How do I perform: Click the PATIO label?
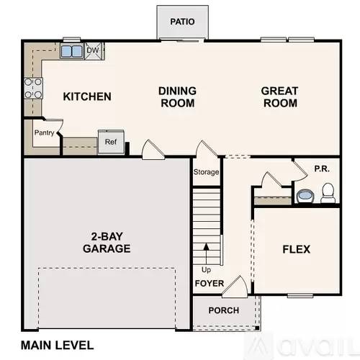point(182,22)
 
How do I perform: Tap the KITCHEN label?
point(86,96)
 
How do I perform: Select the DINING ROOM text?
point(176,97)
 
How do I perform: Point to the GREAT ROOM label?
point(279,97)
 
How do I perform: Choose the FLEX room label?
point(295,249)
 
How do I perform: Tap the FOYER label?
point(209,283)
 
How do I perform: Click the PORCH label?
point(223,310)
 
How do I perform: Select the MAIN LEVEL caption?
point(58,343)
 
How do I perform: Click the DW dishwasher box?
point(92,50)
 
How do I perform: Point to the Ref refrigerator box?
point(110,142)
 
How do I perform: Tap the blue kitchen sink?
point(71,51)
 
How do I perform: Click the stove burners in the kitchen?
point(33,88)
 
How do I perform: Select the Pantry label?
point(45,132)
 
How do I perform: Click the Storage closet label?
point(206,172)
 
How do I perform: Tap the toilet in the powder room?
point(328,192)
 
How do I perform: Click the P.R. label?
point(321,170)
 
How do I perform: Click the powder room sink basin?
point(304,194)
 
